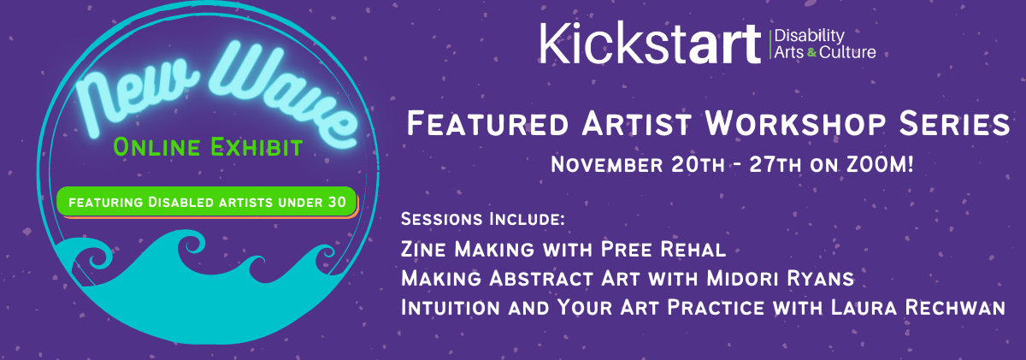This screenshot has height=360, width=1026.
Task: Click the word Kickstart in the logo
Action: click(x=650, y=43)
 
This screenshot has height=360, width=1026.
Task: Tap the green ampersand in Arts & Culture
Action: click(x=811, y=53)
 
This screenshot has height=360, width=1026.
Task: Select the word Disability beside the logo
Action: click(x=810, y=36)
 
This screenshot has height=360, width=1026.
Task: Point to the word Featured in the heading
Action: click(x=488, y=124)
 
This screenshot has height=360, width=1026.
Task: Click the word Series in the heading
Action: click(x=954, y=123)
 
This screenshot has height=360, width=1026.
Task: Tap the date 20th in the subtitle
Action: click(x=698, y=165)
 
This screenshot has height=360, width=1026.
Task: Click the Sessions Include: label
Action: click(x=483, y=219)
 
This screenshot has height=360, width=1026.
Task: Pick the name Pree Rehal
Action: click(x=663, y=250)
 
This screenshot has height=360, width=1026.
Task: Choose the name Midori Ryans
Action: click(x=780, y=279)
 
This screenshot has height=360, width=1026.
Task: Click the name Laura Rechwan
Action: click(x=918, y=307)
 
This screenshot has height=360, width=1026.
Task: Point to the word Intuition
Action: click(x=451, y=307)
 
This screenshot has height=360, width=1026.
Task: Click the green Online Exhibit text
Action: click(x=208, y=147)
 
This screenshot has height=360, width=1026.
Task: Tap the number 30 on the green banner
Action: click(x=337, y=202)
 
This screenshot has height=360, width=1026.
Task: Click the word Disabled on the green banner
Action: click(x=181, y=202)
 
